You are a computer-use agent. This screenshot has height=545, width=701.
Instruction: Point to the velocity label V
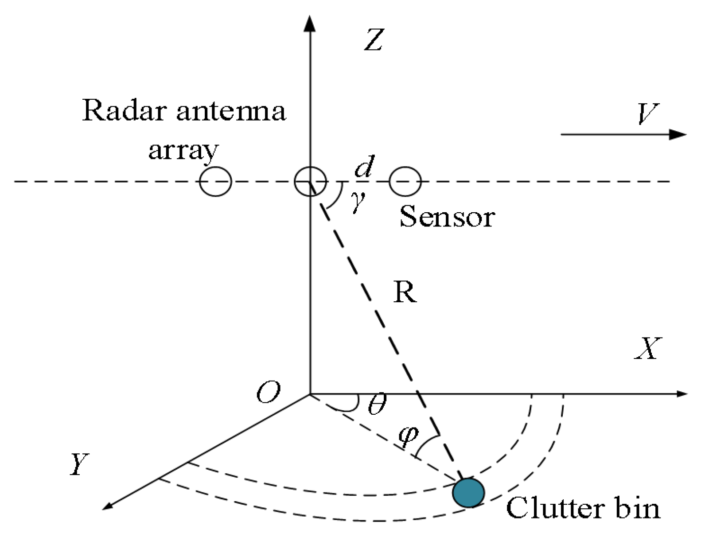click(x=647, y=114)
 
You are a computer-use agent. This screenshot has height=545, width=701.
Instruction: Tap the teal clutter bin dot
click(x=468, y=492)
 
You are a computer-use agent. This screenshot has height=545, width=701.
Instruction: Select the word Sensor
click(x=447, y=217)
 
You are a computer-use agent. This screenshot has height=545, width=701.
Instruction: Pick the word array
click(x=183, y=151)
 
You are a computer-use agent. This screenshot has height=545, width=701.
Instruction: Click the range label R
click(x=405, y=292)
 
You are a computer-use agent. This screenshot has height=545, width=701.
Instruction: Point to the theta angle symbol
click(x=377, y=404)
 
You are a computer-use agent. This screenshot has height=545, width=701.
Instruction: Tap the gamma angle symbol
click(x=358, y=202)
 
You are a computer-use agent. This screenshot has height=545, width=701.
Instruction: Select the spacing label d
click(x=365, y=167)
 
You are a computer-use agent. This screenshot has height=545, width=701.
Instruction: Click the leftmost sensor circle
click(x=215, y=181)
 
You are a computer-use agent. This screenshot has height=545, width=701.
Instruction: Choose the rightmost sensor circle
click(x=405, y=181)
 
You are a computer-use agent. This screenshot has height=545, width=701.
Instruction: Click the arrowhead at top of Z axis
click(x=310, y=23)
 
